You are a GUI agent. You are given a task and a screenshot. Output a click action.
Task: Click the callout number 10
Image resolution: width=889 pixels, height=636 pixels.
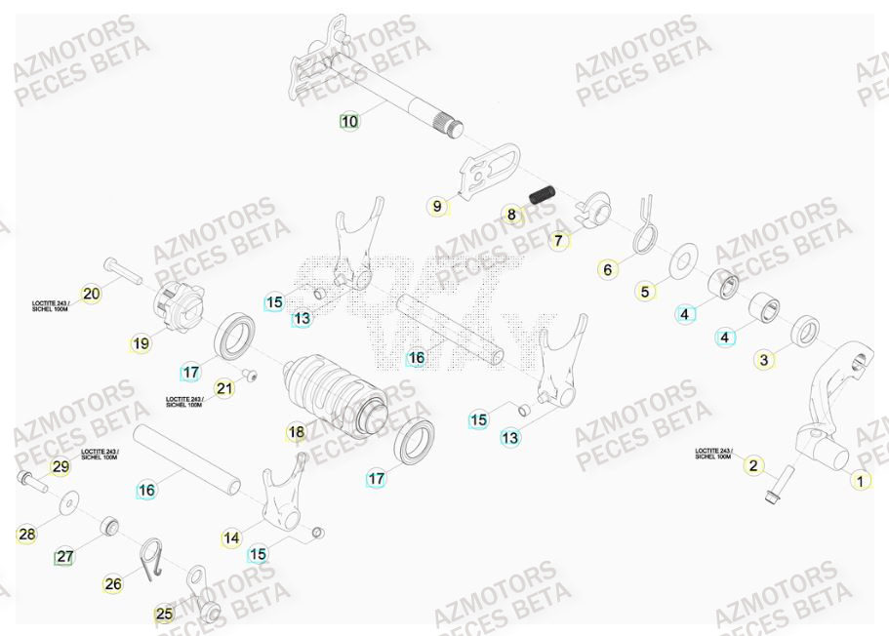349,122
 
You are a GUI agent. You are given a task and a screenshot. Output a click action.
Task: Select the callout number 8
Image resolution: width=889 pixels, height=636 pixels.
511,215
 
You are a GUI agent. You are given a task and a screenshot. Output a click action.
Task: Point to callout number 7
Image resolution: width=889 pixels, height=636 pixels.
558,239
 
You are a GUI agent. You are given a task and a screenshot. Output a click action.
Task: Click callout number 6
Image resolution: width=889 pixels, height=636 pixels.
608,269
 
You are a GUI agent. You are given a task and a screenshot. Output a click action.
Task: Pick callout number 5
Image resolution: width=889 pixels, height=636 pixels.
644,291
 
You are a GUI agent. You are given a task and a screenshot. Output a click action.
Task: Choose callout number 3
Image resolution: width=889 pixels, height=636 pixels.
764,360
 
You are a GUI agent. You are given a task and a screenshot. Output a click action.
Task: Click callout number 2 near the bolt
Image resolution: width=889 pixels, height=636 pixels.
752,465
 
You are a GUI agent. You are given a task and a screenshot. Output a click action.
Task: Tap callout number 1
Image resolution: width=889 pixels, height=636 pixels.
860,480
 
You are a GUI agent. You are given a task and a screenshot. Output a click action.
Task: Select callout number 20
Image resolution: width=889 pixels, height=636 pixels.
91,294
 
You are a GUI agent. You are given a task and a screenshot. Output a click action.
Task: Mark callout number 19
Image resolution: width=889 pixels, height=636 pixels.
141,343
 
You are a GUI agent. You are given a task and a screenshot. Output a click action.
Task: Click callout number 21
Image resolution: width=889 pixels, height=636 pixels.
225,388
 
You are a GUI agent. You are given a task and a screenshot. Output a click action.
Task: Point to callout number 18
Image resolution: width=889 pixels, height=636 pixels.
297,431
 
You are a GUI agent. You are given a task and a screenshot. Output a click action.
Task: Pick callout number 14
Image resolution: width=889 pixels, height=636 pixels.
231,537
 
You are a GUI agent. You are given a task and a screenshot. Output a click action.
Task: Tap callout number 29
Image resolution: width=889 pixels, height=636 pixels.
61,467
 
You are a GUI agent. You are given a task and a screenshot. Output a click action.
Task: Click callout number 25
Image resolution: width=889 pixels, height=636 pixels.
164,615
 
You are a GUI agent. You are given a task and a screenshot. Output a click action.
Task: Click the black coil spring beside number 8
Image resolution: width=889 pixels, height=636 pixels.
543,193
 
